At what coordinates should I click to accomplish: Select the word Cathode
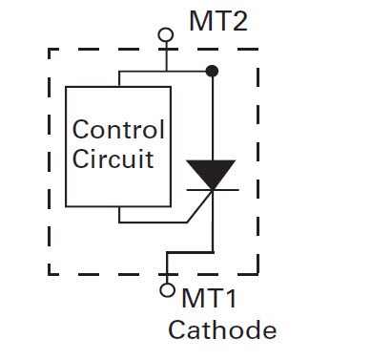click(x=222, y=331)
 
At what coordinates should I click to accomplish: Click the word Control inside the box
click(x=118, y=131)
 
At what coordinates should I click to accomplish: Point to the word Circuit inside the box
click(x=113, y=159)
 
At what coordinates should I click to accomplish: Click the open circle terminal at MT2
click(x=167, y=35)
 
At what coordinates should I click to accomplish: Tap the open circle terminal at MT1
click(x=168, y=290)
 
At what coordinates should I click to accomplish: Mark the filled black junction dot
click(x=212, y=70)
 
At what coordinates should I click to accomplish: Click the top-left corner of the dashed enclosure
click(x=50, y=51)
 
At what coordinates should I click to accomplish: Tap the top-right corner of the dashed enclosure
click(x=258, y=51)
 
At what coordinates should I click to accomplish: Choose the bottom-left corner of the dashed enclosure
click(x=50, y=274)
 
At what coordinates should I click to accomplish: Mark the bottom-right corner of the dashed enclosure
click(x=258, y=274)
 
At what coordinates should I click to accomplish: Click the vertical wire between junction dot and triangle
click(x=212, y=115)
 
